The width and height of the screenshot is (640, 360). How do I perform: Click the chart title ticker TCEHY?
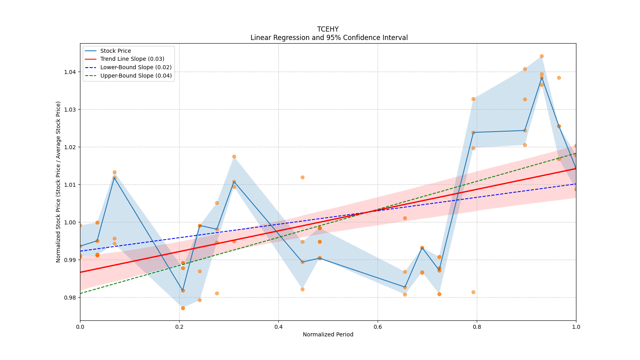pyautogui.click(x=328, y=29)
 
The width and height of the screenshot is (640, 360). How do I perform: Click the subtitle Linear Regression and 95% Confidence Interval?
pyautogui.click(x=329, y=38)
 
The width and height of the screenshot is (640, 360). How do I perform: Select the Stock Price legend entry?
pyautogui.click(x=116, y=51)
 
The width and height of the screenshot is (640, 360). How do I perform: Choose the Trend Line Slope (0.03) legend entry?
pyautogui.click(x=132, y=59)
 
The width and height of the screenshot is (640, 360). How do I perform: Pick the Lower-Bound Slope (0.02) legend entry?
pyautogui.click(x=136, y=67)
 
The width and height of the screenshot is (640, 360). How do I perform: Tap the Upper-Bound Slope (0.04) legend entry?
pyautogui.click(x=136, y=76)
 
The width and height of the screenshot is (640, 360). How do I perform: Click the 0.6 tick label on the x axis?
pyautogui.click(x=378, y=327)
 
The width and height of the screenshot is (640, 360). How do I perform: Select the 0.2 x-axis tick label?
pyautogui.click(x=179, y=327)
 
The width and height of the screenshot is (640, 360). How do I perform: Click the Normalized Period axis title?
pyautogui.click(x=328, y=334)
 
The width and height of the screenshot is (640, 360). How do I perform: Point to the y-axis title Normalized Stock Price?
pyautogui.click(x=58, y=182)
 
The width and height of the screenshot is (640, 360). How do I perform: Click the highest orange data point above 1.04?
pyautogui.click(x=542, y=56)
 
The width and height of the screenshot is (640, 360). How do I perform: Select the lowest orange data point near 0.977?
pyautogui.click(x=183, y=308)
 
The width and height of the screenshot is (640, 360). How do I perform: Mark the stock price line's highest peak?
pyautogui.click(x=542, y=77)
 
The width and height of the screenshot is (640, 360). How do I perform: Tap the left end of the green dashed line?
pyautogui.click(x=80, y=293)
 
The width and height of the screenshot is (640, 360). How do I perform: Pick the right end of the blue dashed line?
pyautogui.click(x=576, y=184)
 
